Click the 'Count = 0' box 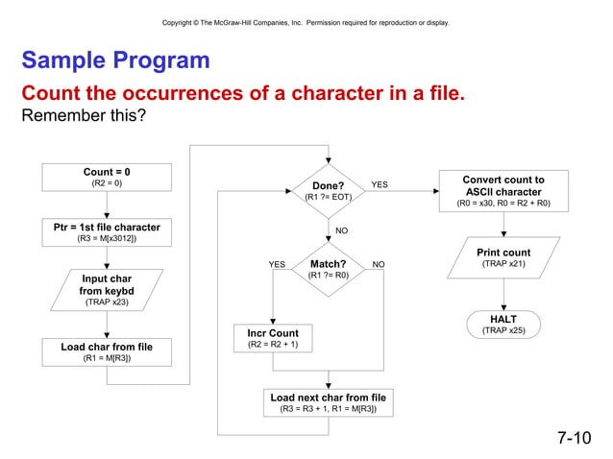coord(107,177)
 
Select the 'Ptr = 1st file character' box coord(107,232)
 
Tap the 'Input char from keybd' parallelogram coord(107,289)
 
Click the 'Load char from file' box coord(107,351)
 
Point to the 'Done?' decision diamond coord(329,190)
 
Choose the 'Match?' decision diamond coord(329,269)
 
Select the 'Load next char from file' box coord(329,402)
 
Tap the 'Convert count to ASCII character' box coord(503,191)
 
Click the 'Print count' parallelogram coord(503,257)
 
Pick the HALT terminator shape coord(503,324)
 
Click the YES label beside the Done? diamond coord(380,184)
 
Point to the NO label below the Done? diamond coord(341,230)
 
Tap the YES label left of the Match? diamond coord(277,264)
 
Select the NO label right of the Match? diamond coord(379,264)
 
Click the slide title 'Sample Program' coord(115,60)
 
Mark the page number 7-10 coord(574,438)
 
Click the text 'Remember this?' coord(84,115)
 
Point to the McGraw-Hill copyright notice coord(306,22)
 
